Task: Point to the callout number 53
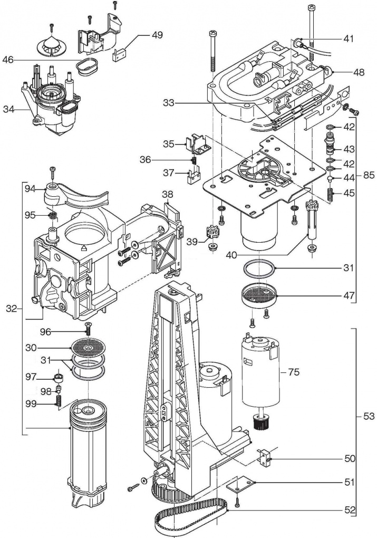click(369, 416)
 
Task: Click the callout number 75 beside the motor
click(293, 372)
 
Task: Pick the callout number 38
click(168, 195)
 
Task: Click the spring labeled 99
click(59, 401)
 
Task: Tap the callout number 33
click(168, 103)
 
